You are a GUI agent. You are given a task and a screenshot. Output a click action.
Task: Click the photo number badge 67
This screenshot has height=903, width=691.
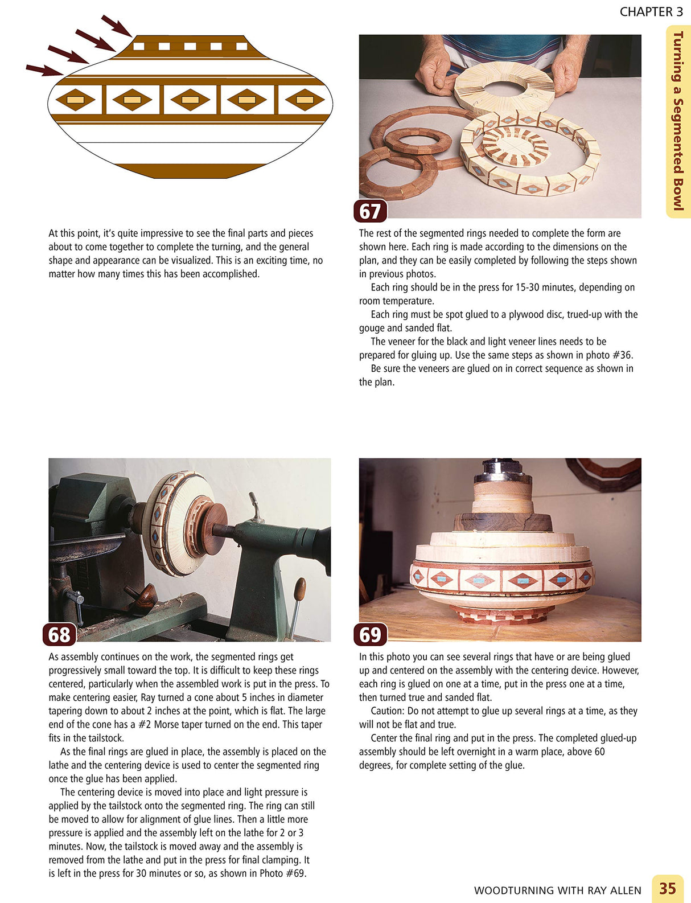370,211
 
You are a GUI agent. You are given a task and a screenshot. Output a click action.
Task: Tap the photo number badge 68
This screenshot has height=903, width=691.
59,634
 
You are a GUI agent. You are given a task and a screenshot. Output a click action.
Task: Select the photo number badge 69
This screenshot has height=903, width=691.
370,634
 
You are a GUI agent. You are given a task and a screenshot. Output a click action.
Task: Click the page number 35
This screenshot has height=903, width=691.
667,888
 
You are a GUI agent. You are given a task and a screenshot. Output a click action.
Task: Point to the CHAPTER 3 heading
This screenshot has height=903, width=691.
651,11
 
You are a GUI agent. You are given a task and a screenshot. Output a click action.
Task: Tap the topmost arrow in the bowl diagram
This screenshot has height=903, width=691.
117,26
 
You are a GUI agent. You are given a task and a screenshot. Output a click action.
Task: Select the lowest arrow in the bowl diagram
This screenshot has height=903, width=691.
44,70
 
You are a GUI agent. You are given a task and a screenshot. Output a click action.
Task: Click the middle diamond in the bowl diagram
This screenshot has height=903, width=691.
190,100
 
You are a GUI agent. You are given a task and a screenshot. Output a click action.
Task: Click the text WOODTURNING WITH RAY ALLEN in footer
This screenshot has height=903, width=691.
557,890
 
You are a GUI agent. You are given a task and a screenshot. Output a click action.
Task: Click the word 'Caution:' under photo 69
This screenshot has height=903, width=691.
388,711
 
